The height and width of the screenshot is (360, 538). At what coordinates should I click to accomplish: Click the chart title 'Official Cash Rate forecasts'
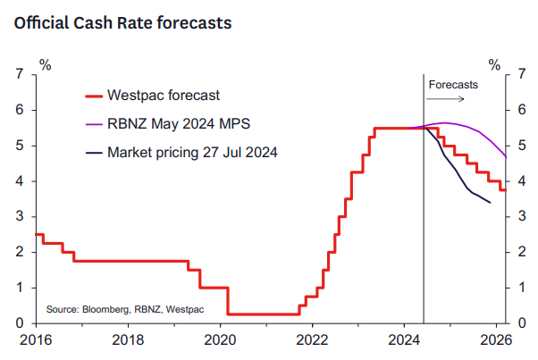[x=122, y=23]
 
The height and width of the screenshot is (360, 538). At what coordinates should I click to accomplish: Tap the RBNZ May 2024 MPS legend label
[x=179, y=124]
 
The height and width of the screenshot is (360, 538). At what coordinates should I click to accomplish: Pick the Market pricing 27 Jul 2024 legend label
[x=192, y=153]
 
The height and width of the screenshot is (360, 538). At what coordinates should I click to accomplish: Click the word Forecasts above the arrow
[x=453, y=85]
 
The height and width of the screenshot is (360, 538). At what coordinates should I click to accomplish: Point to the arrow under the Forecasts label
[x=445, y=99]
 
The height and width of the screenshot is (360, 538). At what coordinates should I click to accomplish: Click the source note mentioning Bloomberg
[x=125, y=310]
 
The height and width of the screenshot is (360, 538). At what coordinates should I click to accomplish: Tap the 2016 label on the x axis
[x=36, y=339]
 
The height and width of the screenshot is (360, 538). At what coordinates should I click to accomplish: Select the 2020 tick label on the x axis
[x=220, y=339]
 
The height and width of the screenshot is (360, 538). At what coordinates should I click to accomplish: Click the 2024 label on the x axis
[x=404, y=339]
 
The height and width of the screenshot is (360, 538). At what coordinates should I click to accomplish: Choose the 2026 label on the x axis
[x=496, y=339]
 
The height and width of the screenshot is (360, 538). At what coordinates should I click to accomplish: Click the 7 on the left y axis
[x=20, y=74]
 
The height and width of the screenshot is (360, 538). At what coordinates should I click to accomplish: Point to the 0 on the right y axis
[x=522, y=323]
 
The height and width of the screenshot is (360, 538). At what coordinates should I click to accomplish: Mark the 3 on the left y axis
[x=20, y=216]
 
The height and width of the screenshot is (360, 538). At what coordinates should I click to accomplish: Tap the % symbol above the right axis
[x=494, y=65]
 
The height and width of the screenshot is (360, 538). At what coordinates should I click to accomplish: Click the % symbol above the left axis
[x=46, y=65]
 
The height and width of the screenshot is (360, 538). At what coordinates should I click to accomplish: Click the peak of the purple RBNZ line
[x=445, y=122]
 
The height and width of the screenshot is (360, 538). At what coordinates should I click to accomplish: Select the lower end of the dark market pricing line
[x=490, y=203]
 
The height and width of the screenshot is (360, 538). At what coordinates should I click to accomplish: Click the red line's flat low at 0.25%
[x=264, y=314]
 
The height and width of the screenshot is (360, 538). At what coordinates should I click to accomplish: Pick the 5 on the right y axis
[x=522, y=146]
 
